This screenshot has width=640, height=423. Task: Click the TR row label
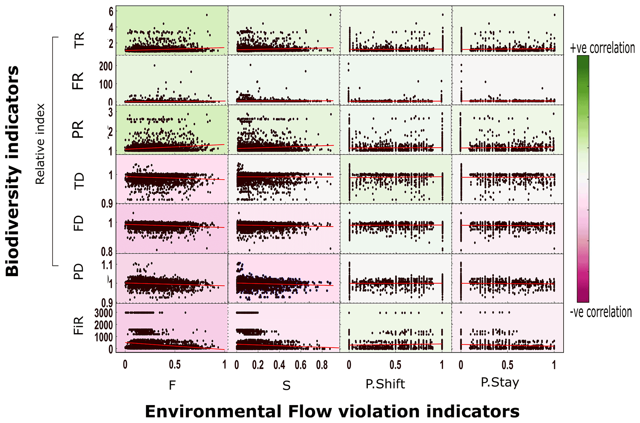click(x=79, y=40)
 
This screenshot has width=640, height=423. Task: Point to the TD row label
click(x=79, y=180)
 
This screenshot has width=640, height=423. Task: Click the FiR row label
click(x=79, y=325)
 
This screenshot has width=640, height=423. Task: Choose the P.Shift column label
click(x=385, y=384)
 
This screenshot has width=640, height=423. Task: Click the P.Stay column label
click(x=500, y=383)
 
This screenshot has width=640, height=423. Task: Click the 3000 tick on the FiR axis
click(x=103, y=313)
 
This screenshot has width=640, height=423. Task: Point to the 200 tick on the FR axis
click(x=106, y=66)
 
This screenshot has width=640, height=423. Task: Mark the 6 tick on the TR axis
click(x=111, y=11)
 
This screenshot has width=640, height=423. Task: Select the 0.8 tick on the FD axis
click(x=107, y=252)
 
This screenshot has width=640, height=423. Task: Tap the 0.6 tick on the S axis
click(x=300, y=365)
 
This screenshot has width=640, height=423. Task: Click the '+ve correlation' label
click(x=602, y=48)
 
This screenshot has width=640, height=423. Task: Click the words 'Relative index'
click(x=40, y=144)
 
